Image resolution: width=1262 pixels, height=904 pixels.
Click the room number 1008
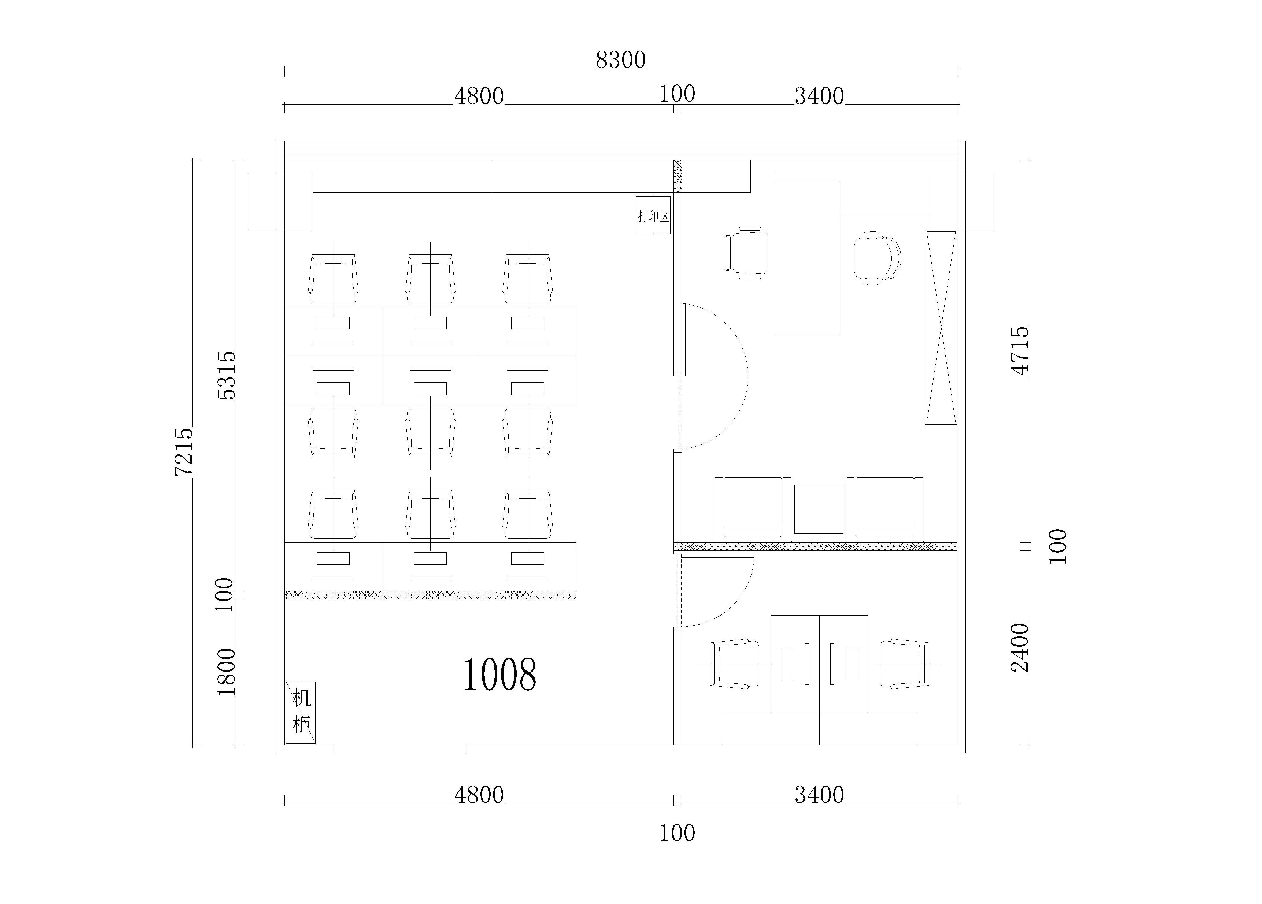(x=500, y=674)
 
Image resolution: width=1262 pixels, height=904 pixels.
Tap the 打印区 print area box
(x=653, y=215)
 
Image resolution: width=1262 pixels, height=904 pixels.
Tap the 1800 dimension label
(x=227, y=672)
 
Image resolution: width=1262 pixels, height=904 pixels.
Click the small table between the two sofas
(x=819, y=509)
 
